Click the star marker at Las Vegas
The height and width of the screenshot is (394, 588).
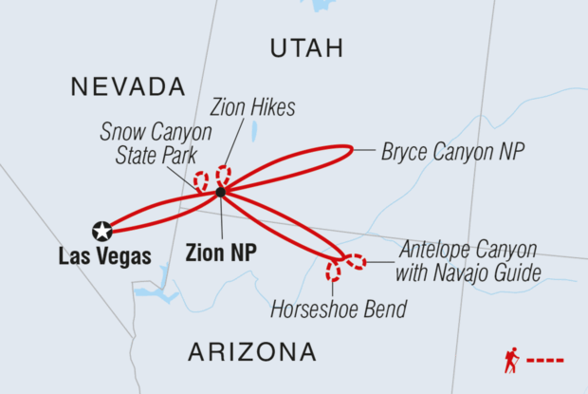[x=101, y=230]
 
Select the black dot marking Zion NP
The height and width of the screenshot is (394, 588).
[x=220, y=193]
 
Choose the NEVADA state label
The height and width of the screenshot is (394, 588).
[x=127, y=87]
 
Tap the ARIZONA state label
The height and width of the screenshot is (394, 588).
[x=251, y=352]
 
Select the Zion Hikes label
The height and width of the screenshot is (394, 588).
[x=254, y=108]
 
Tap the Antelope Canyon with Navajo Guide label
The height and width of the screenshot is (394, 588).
[x=468, y=261]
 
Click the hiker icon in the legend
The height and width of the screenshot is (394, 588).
[x=512, y=360]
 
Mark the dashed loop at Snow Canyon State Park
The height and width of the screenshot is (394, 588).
[x=201, y=180]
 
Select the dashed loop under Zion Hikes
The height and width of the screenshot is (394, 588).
[x=224, y=176]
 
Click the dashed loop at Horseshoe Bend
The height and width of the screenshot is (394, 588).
[x=333, y=272]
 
